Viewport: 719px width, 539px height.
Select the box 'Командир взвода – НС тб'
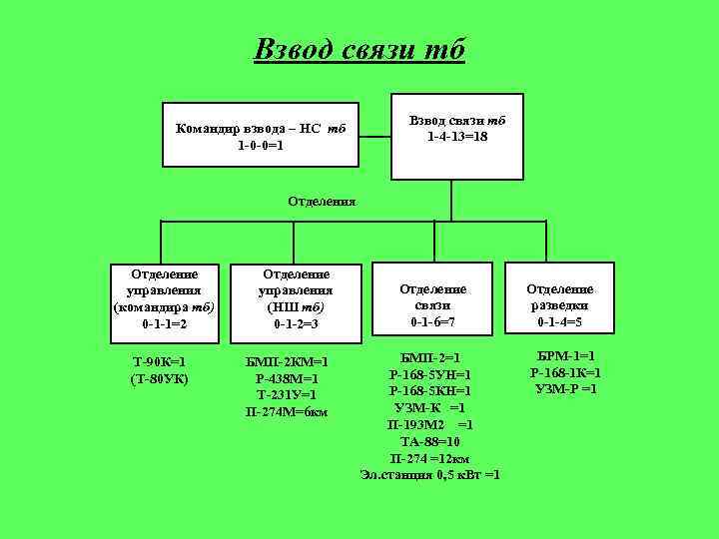(261, 136)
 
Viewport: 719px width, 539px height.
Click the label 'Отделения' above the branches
(323, 201)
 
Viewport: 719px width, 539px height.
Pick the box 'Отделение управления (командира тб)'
(165, 297)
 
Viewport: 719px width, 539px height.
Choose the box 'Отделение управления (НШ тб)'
(294, 297)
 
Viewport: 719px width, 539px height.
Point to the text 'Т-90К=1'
(160, 361)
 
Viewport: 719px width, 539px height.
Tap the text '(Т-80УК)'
(160, 378)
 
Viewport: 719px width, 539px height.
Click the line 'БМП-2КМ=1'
(288, 361)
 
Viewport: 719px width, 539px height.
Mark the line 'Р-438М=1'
(288, 378)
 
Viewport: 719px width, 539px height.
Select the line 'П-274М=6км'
(288, 412)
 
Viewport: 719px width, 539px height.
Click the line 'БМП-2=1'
(429, 356)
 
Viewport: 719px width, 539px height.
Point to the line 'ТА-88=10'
(429, 441)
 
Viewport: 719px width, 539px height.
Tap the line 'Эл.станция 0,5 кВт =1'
(430, 474)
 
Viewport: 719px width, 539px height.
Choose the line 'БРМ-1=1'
(565, 355)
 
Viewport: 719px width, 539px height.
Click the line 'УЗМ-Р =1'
(565, 388)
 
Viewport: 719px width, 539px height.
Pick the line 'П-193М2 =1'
(429, 424)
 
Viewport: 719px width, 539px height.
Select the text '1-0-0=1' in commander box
(261, 145)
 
